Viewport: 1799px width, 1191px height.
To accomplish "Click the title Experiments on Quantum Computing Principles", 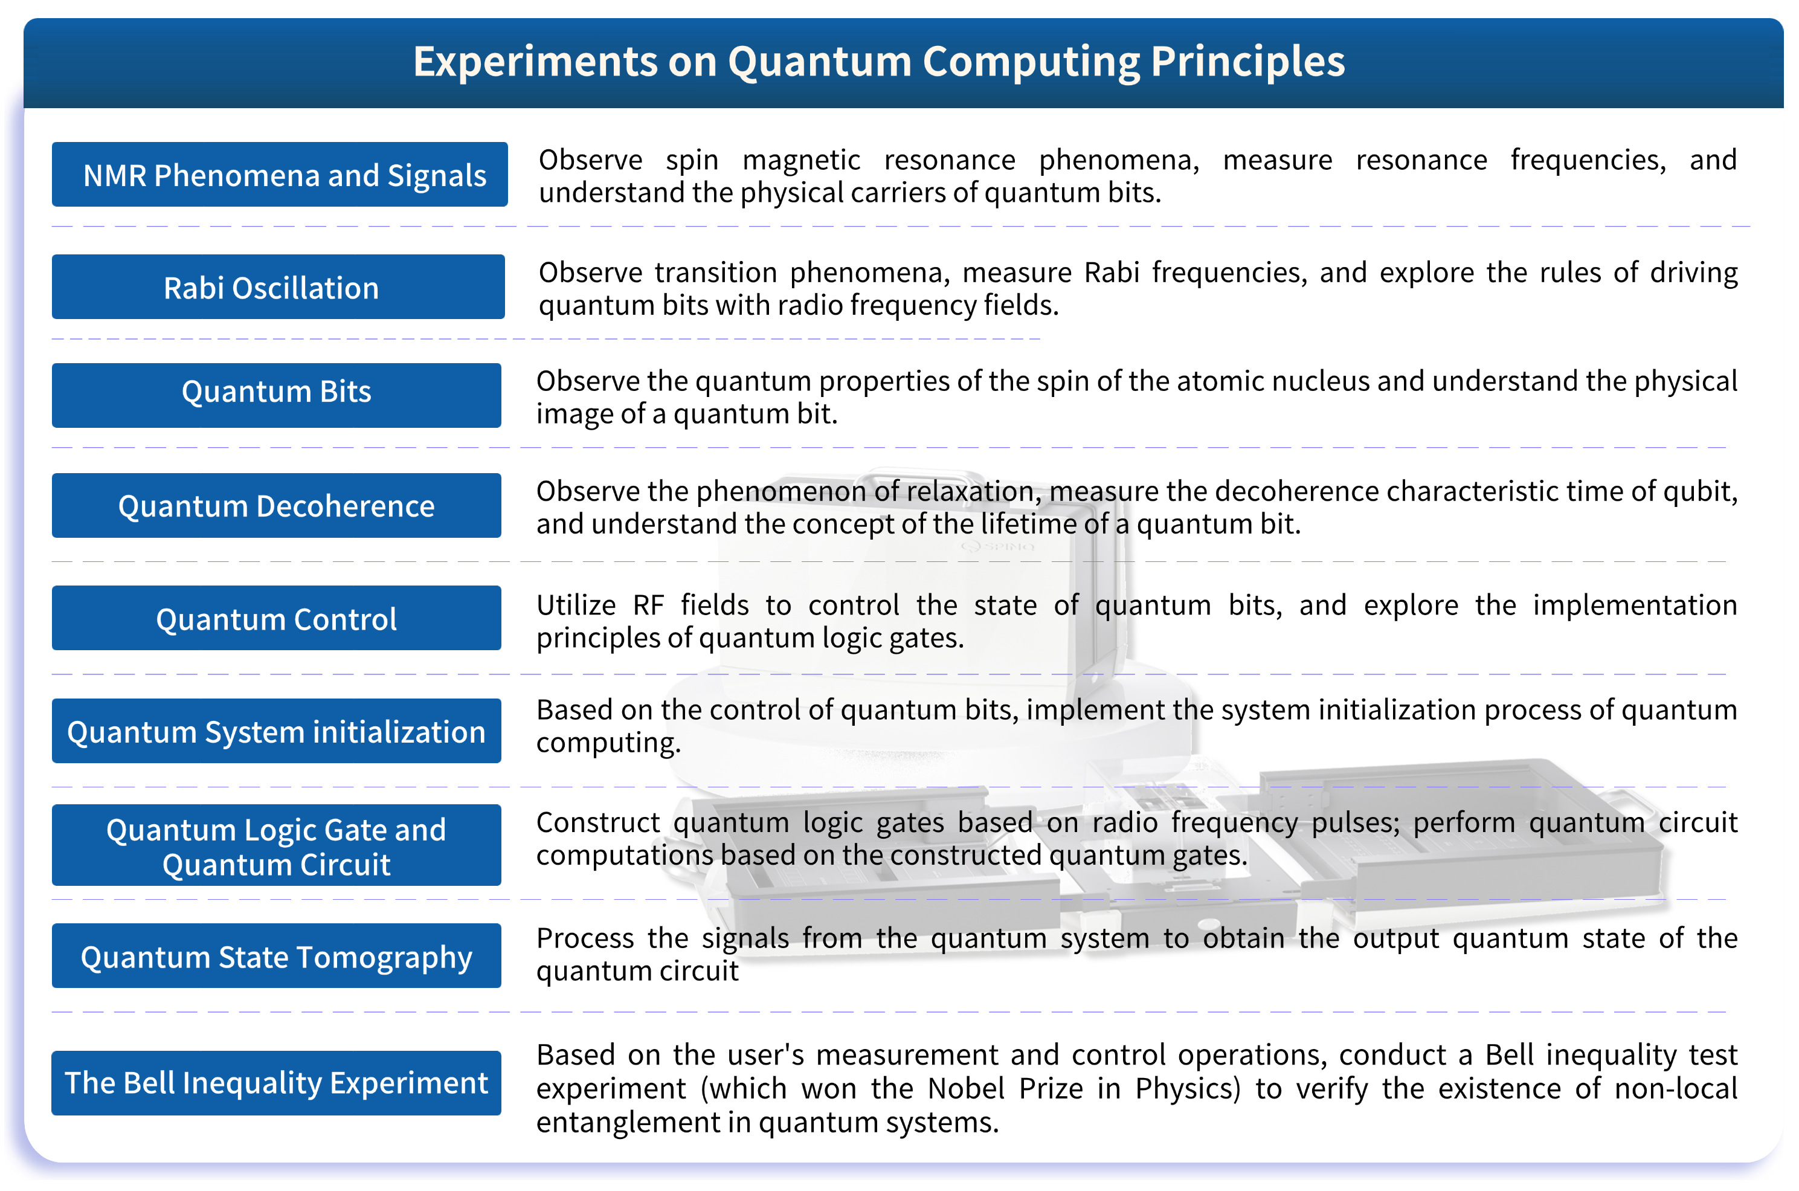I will [x=878, y=62].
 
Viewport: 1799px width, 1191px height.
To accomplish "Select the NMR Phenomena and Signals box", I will [x=280, y=175].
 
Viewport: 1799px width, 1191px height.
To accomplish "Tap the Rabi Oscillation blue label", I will [x=278, y=287].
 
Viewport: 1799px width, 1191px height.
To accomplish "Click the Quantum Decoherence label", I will [x=277, y=506].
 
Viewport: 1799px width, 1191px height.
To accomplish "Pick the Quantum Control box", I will [x=277, y=618].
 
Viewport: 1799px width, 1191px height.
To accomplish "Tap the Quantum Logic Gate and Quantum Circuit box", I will [x=277, y=845].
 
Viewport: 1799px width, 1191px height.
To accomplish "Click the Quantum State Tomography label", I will [x=277, y=957].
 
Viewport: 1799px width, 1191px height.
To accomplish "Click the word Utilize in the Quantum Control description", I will [x=576, y=605].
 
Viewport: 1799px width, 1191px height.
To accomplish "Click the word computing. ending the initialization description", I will [x=608, y=743].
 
